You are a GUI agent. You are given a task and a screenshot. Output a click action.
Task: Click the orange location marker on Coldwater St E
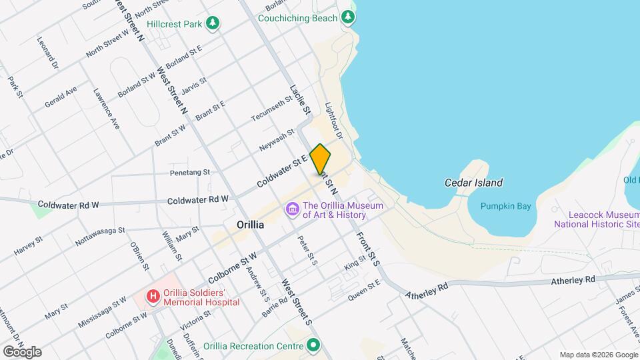click(321, 159)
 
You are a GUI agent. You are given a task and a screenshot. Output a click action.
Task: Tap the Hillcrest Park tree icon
click(213, 25)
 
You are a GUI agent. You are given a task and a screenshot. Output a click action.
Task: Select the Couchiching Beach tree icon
click(347, 18)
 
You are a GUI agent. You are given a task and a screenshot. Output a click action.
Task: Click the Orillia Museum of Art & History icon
click(291, 210)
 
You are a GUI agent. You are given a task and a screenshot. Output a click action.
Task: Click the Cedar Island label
click(473, 183)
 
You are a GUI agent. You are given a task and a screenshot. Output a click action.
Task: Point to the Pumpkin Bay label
click(505, 206)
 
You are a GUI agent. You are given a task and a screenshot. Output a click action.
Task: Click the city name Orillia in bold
click(250, 225)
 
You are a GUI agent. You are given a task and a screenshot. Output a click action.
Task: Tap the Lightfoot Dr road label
click(333, 121)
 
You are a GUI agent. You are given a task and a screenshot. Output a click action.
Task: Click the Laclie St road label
click(301, 97)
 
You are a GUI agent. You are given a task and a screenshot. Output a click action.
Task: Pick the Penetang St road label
click(190, 172)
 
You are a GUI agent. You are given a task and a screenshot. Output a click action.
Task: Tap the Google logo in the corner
click(21, 352)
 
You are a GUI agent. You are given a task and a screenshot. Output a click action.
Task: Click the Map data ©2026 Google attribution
click(598, 355)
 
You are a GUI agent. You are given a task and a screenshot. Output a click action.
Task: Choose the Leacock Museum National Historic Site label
click(596, 219)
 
